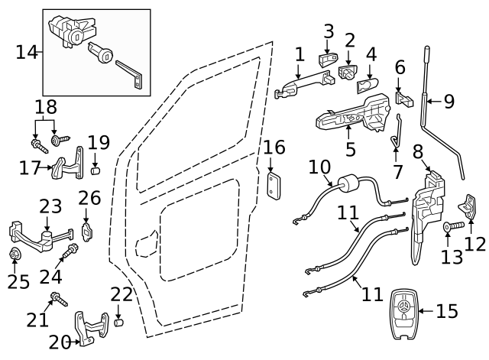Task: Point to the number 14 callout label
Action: coord(26,52)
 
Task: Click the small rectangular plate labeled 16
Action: coord(274,185)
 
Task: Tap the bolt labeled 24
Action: coord(70,251)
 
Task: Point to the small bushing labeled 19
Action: coord(96,167)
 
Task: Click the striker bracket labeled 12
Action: coord(468,205)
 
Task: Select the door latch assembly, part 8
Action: coord(428,206)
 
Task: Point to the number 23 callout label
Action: coord(50,206)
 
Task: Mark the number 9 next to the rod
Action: coord(449,100)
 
